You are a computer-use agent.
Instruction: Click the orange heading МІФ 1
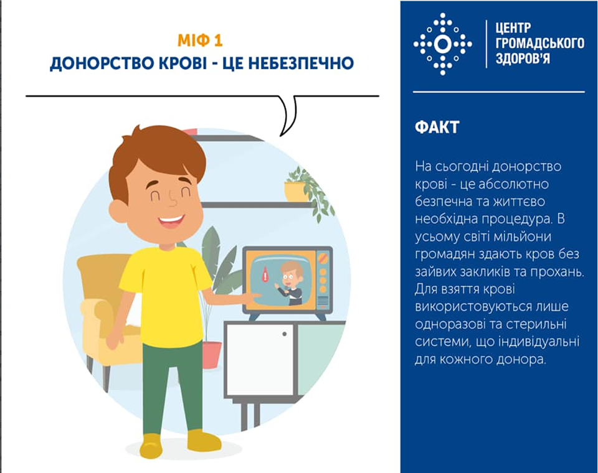point(200,41)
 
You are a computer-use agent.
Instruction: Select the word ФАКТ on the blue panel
point(437,128)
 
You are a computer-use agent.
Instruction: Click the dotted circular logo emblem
point(443,44)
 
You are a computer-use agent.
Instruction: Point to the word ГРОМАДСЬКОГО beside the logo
point(540,43)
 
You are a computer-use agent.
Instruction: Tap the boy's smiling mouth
point(171,221)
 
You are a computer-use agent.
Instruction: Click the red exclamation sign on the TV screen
point(265,275)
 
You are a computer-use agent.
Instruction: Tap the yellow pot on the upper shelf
point(295,192)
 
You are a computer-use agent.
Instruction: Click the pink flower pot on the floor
point(212,355)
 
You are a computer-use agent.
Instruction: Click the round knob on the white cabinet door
point(285,334)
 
